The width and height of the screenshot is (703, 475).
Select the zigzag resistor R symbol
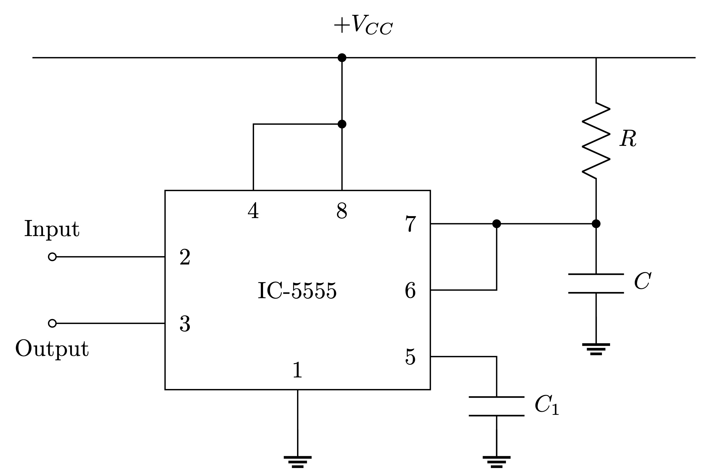click(596, 141)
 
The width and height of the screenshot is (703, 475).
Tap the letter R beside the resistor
click(628, 139)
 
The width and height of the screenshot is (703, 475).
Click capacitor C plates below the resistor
click(596, 283)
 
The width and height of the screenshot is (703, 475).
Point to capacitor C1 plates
click(496, 406)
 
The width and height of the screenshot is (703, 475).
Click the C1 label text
click(546, 405)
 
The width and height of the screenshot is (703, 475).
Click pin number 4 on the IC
click(253, 211)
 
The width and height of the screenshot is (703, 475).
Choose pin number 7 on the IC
click(410, 224)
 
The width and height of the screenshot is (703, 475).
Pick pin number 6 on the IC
click(410, 290)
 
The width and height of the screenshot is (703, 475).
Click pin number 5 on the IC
click(410, 357)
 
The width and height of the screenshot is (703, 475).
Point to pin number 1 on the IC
click(297, 370)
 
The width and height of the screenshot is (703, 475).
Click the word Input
click(52, 229)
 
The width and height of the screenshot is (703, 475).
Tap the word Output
click(52, 349)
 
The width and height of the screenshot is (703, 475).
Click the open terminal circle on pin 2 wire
click(52, 257)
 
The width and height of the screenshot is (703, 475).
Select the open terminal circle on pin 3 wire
click(52, 323)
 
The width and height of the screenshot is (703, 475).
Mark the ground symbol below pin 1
click(297, 462)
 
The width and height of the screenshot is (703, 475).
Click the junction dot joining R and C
click(596, 224)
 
